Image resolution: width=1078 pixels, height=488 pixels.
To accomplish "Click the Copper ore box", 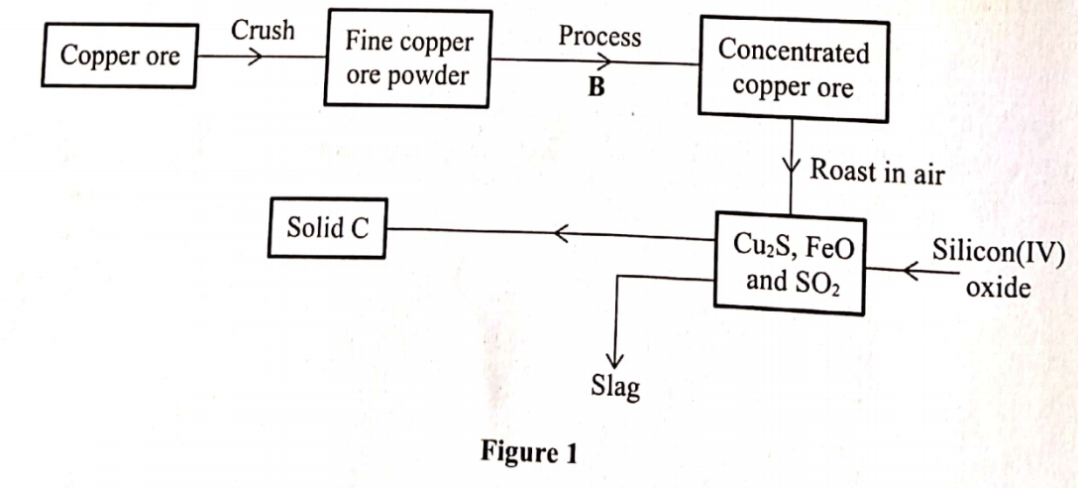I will click(120, 57).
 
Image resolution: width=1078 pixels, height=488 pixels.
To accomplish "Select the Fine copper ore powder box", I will click(407, 60).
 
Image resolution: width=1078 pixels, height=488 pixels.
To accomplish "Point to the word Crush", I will click(263, 30).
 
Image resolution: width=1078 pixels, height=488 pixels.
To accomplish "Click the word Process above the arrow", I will click(599, 37).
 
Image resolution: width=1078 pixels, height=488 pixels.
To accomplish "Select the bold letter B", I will click(595, 87).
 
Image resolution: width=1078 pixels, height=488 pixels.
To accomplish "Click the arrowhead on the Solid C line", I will click(561, 235).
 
